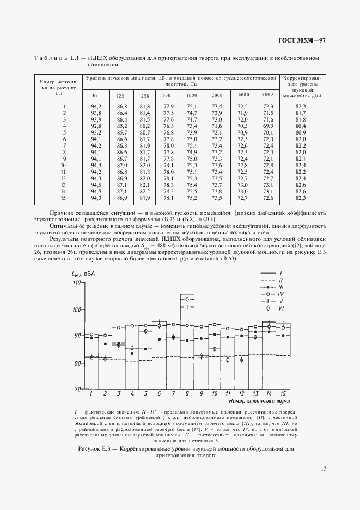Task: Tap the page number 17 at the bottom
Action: pyautogui.click(x=323, y=468)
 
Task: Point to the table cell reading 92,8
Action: pyautogui.click(x=96, y=125)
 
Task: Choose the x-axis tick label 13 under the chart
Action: pyautogui.click(x=254, y=393)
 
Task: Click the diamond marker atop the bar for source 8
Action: pyautogui.click(x=187, y=299)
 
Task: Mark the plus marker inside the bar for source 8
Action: pyautogui.click(x=187, y=307)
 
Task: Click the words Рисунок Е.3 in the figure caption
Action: pyautogui.click(x=95, y=450)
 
